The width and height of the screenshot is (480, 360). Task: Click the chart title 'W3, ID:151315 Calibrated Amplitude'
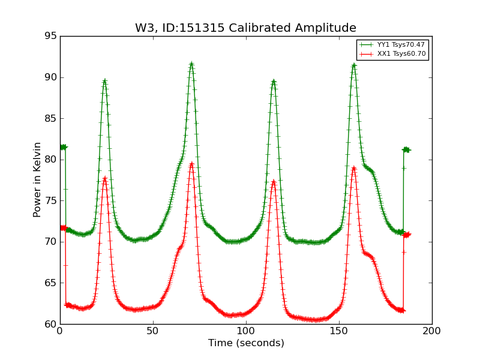coord(245,28)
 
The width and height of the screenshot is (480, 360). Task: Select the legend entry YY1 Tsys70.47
coord(401,44)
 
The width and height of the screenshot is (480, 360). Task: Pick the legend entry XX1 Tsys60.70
coord(401,54)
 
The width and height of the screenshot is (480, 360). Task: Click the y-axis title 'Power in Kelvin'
coord(37,179)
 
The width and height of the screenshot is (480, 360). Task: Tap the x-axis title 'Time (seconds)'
coord(246,343)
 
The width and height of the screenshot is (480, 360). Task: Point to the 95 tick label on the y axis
coord(50,36)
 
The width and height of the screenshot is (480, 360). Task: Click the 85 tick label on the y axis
coord(50,118)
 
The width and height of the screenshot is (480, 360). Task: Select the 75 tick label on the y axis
coord(50,200)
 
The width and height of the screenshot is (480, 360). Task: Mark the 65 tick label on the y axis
coord(50,283)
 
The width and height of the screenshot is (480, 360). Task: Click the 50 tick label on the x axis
coord(153,331)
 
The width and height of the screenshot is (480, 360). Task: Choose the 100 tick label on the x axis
coord(246,331)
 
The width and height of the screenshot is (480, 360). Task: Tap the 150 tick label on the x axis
coord(339,331)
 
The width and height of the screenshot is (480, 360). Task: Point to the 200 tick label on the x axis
coord(432,331)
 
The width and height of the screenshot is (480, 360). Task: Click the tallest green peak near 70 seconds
coord(191,64)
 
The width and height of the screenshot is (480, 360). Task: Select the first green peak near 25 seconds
coord(104,81)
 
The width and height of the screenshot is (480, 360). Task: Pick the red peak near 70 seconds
coord(191,163)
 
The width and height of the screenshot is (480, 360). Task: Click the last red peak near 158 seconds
coord(354,167)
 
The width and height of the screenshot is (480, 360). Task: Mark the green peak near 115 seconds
coord(274,81)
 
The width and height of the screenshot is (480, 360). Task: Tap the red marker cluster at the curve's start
coord(63,228)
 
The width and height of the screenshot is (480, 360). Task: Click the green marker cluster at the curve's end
coord(406,149)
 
